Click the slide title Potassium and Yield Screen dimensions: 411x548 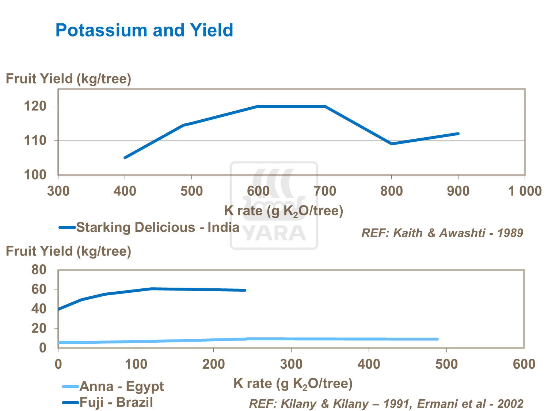tap(144, 30)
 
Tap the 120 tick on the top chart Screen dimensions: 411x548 tap(35, 106)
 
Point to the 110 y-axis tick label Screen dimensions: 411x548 tap(35, 141)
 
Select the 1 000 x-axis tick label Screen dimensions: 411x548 tap(525, 191)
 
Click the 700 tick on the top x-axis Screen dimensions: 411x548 tap(325, 191)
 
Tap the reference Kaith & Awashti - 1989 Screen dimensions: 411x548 tap(442, 233)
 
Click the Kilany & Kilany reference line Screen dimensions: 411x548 tap(386, 404)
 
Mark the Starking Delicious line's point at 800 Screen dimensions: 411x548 tap(392, 144)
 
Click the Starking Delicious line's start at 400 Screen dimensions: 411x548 tap(125, 158)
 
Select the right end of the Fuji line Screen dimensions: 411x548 tap(245, 290)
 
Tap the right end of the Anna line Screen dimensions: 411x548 tap(437, 339)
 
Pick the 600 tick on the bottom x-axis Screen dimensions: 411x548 tap(524, 364)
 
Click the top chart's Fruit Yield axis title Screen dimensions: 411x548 tap(68, 79)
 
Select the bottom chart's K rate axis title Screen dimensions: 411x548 tap(293, 383)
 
